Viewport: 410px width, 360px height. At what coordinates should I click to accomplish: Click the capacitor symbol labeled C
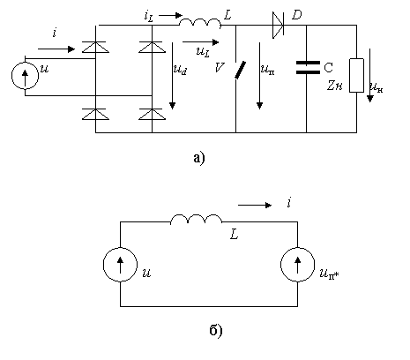coord(308,67)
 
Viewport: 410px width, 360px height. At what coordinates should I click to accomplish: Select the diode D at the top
coord(278,26)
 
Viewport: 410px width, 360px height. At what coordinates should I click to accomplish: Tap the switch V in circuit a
coord(240,70)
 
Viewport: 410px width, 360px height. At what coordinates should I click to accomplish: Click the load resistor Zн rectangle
coord(356,75)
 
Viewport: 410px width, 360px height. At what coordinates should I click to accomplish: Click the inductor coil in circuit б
coord(197,219)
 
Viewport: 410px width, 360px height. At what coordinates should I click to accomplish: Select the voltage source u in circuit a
coord(25,76)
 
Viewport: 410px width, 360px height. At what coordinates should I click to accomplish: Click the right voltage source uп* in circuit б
coord(297,265)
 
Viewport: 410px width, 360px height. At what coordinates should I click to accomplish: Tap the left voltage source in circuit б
coord(120,265)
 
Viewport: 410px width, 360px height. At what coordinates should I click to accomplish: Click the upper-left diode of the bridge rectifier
coord(95,47)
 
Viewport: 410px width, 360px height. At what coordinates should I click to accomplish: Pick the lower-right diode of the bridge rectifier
coord(152,114)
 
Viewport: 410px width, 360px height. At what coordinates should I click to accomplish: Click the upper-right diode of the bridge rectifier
coord(152,47)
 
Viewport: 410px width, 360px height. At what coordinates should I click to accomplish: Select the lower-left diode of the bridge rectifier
coord(95,114)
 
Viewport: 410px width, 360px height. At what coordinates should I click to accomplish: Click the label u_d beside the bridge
coord(180,70)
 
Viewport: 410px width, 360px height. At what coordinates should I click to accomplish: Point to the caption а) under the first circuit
coord(199,158)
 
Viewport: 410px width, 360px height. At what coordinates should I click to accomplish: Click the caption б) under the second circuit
coord(216,330)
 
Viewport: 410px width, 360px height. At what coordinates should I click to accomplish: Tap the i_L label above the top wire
coord(149,16)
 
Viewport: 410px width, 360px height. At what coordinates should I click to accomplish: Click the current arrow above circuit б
coord(255,205)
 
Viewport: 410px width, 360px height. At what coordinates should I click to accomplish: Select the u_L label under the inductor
coord(203,52)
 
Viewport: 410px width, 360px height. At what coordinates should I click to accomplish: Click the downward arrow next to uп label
coord(259,76)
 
